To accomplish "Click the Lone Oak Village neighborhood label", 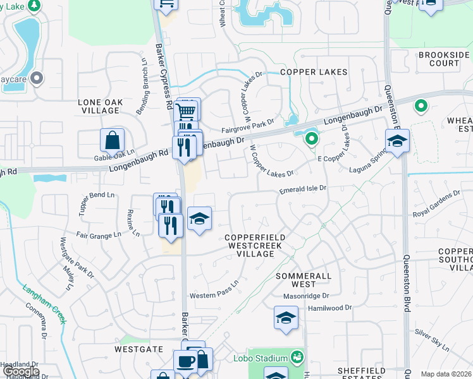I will click(x=99, y=106).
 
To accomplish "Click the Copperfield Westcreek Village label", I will click(x=251, y=246).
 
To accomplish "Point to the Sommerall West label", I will click(x=304, y=280).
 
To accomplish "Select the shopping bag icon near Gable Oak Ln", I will click(x=112, y=140).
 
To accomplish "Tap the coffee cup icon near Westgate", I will click(x=186, y=362).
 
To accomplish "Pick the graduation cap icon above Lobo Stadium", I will click(x=286, y=318).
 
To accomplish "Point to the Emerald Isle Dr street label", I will click(x=303, y=188).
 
